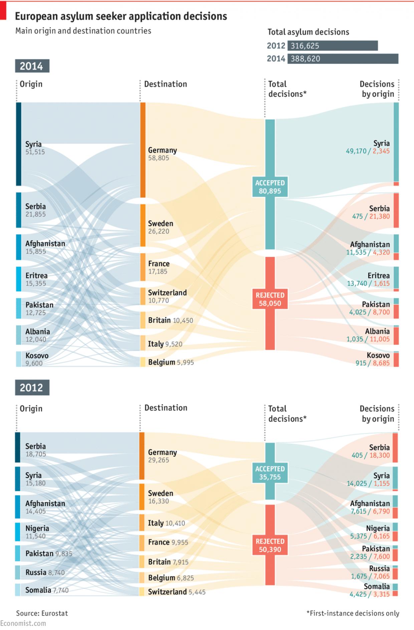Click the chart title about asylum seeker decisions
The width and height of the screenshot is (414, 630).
click(x=121, y=16)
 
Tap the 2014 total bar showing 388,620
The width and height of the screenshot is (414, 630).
click(x=343, y=59)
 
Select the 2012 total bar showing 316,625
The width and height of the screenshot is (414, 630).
click(x=333, y=46)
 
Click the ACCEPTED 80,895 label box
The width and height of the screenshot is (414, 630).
click(x=270, y=187)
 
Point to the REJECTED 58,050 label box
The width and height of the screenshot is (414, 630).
click(x=270, y=299)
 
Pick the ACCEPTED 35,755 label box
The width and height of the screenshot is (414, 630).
click(x=270, y=473)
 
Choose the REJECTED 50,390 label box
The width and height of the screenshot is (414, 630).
click(x=270, y=545)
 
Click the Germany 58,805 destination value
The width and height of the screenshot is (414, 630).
click(x=159, y=158)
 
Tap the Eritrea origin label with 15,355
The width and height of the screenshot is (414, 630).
click(x=36, y=279)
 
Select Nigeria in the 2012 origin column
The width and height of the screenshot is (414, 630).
click(x=37, y=528)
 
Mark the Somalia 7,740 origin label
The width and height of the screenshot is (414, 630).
click(x=47, y=590)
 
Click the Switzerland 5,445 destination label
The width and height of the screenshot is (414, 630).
click(x=177, y=592)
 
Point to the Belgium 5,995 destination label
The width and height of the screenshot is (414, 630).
click(x=171, y=362)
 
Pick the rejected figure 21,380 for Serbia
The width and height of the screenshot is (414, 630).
click(x=380, y=216)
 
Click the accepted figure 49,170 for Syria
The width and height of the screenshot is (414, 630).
click(x=356, y=151)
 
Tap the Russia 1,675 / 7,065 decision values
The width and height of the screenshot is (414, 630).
click(x=370, y=576)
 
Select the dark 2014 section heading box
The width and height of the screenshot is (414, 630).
click(x=32, y=66)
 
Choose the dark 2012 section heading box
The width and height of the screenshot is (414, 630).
click(x=32, y=387)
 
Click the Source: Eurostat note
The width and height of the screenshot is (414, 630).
click(x=42, y=613)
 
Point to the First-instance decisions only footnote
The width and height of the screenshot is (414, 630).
click(x=353, y=613)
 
